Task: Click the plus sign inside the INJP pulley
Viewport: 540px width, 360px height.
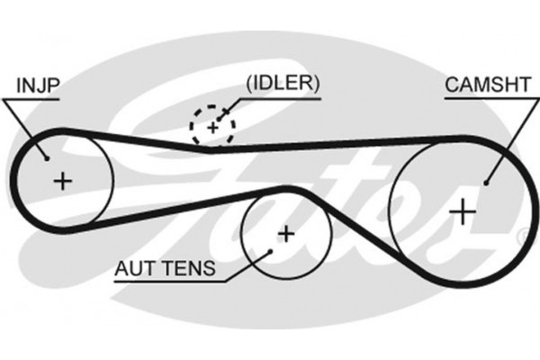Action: click(62, 181)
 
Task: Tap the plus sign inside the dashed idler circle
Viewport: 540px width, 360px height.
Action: click(212, 128)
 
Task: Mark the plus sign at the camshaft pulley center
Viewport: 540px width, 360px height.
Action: click(461, 211)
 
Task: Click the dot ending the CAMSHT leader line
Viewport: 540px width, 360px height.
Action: click(486, 183)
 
